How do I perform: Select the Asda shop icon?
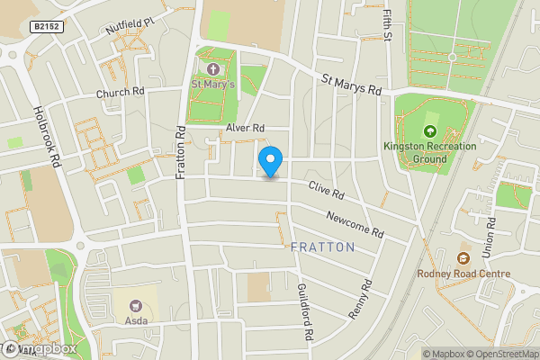tap(136, 307)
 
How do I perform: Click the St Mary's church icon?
tap(213, 69)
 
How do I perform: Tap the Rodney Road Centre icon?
tap(464, 247)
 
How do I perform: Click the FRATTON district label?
tap(322, 247)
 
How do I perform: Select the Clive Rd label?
tap(326, 193)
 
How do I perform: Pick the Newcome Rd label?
tap(355, 225)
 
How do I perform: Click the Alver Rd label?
tap(245, 129)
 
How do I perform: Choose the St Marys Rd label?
tap(352, 85)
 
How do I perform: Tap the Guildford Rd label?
tap(302, 311)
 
